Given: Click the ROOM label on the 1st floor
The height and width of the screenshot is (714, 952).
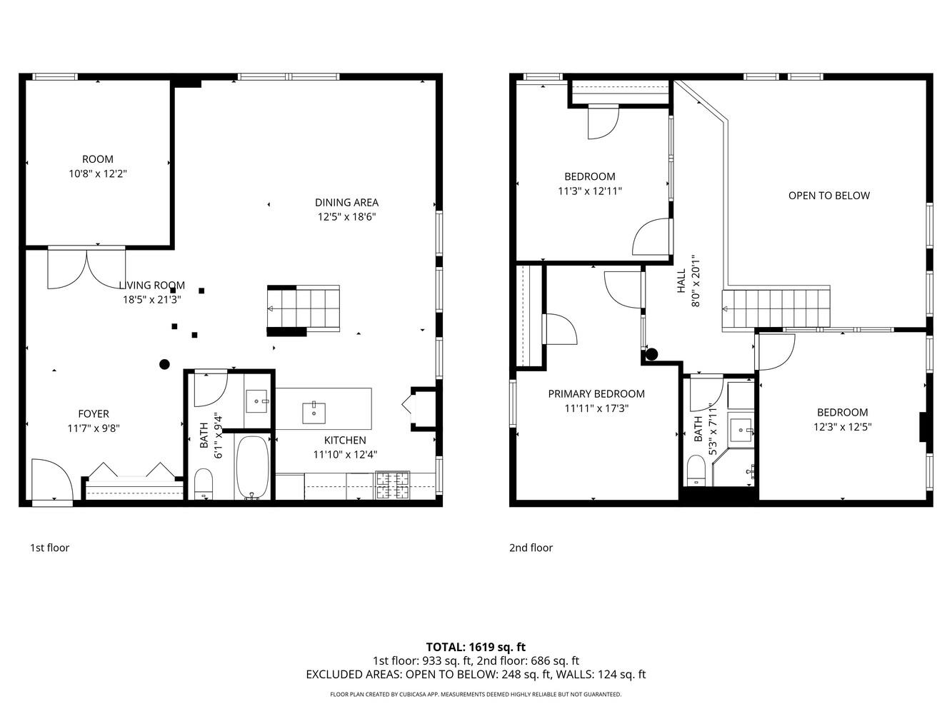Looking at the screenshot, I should (97, 159).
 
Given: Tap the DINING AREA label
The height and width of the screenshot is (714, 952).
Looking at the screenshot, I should (346, 202).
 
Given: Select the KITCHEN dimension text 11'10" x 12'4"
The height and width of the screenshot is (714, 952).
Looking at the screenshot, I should (345, 454).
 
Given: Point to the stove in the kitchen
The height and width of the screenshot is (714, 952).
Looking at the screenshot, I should (392, 486).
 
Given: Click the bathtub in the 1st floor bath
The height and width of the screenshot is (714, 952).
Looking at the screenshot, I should (252, 468).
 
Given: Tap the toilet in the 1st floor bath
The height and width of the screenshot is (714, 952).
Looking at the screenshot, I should (204, 483).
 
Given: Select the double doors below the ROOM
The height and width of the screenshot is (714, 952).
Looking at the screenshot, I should (86, 268).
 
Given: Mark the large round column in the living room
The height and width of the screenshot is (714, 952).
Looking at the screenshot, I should (164, 364).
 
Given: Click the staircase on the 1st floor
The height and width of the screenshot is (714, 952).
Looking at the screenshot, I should (303, 308).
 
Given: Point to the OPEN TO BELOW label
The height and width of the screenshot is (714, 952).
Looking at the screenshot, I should (828, 196).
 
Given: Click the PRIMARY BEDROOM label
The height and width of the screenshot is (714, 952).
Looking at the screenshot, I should (596, 393).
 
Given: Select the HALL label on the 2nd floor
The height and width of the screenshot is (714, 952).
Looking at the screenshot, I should (681, 281).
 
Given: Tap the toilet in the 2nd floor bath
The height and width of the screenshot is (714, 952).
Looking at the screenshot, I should (696, 471).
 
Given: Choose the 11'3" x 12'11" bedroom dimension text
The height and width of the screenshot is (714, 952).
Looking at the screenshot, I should (589, 191).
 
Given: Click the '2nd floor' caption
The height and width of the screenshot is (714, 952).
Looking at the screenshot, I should (531, 548).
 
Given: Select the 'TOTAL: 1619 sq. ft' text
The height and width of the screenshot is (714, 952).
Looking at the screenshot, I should (476, 647).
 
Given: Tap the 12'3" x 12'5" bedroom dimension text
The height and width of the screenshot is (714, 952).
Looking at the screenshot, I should (842, 427).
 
